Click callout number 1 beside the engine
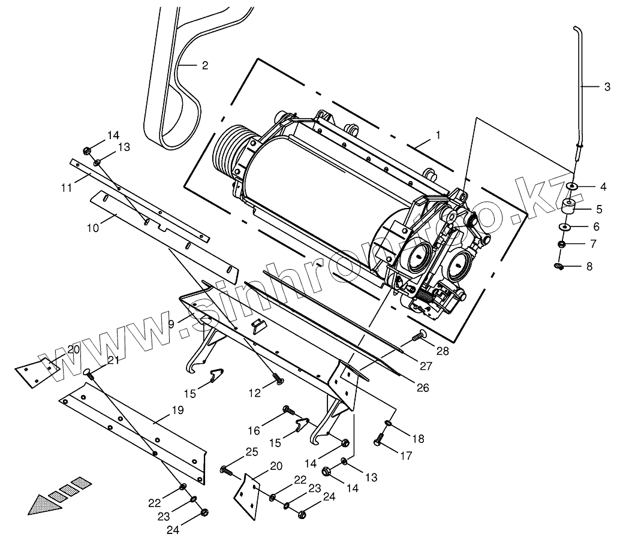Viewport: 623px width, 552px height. (438, 135)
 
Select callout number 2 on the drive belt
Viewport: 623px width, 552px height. (205, 65)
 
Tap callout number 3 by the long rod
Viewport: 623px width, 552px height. (607, 87)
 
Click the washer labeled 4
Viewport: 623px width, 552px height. (573, 187)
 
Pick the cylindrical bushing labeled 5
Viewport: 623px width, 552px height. (568, 209)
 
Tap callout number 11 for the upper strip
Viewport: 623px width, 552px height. (66, 188)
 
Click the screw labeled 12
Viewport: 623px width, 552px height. (278, 378)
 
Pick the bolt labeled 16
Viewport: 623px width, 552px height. (289, 411)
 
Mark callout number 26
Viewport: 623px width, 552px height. (423, 388)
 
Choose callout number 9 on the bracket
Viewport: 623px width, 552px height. (171, 323)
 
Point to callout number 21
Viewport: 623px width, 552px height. (113, 360)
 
